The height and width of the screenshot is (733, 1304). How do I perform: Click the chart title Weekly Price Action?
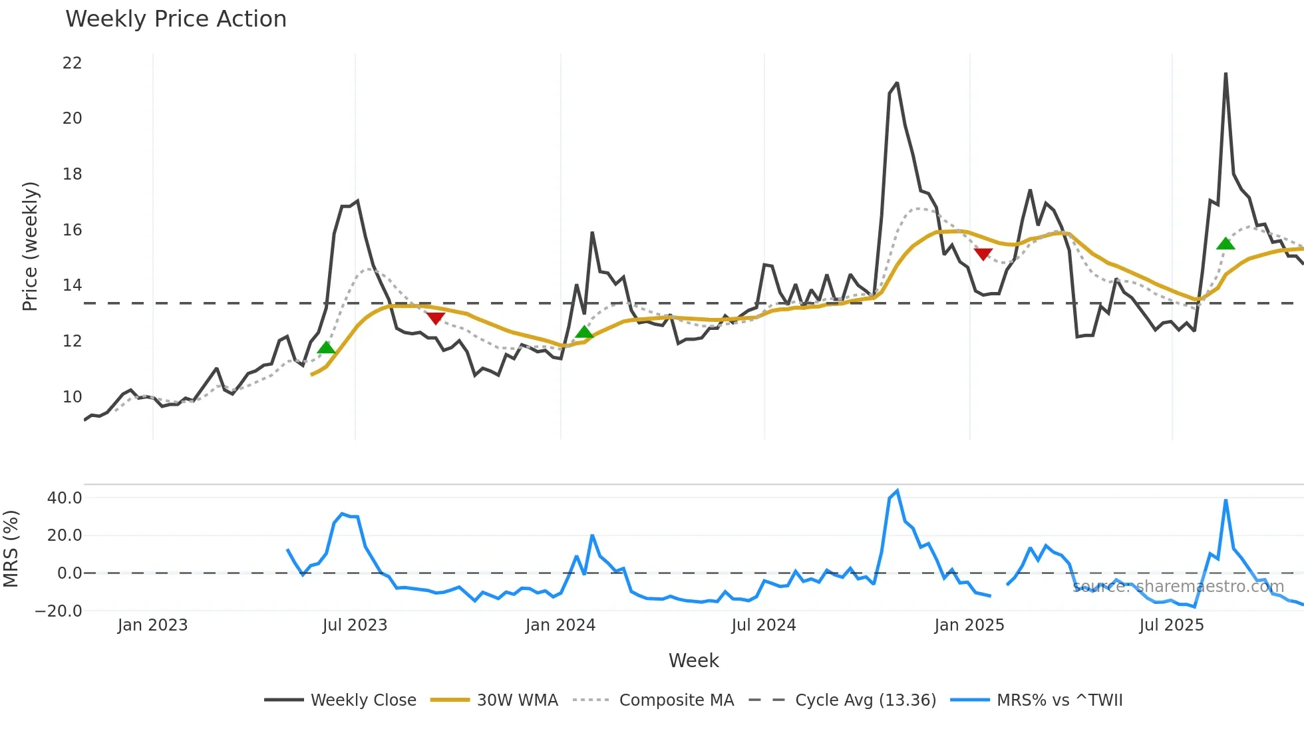[x=176, y=19]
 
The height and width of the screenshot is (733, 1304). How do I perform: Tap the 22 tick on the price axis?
[x=72, y=63]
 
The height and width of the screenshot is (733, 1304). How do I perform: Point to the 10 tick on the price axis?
[x=72, y=397]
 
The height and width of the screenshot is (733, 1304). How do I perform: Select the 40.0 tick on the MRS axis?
[x=65, y=498]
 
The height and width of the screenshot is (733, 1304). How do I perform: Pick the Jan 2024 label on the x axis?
[x=560, y=625]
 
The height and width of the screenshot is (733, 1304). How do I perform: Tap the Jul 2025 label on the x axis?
[x=1171, y=625]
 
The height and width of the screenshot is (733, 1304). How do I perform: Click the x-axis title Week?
[x=693, y=660]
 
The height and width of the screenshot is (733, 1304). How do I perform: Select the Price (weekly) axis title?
[x=30, y=246]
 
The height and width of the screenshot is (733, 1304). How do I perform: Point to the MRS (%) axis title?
[x=11, y=549]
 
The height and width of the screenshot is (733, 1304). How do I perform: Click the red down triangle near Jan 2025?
[x=983, y=253]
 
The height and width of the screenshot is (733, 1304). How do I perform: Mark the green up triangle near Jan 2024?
[x=584, y=332]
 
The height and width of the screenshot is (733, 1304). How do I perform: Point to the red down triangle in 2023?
[x=435, y=318]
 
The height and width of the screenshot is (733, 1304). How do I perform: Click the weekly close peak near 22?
[x=1225, y=74]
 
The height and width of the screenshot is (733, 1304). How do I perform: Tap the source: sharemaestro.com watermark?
[x=1178, y=587]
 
